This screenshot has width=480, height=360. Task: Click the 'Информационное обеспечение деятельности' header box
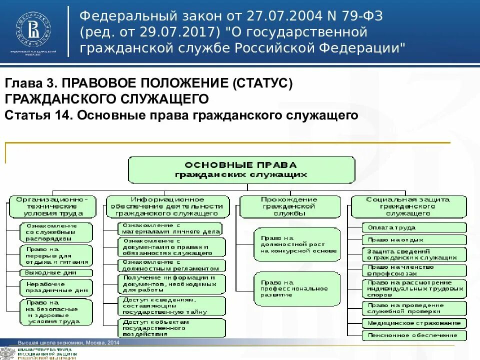[168, 205]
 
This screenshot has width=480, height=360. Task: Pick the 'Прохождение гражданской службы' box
[289, 205]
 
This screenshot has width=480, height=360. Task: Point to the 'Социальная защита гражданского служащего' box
[408, 205]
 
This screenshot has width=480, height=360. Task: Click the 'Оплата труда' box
[413, 227]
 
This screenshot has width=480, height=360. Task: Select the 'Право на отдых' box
[413, 240]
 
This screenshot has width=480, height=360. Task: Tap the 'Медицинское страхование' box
[413, 322]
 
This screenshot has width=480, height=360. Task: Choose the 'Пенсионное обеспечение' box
[413, 335]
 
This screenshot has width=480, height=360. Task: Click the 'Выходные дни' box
[56, 273]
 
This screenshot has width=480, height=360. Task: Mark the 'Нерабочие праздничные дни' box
[56, 286]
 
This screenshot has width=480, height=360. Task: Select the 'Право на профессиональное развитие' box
[296, 288]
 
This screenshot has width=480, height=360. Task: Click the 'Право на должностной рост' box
[296, 244]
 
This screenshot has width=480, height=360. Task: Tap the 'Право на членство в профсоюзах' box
[413, 270]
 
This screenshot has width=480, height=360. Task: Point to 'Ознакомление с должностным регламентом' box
[171, 265]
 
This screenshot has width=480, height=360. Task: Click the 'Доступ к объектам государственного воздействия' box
[171, 327]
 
